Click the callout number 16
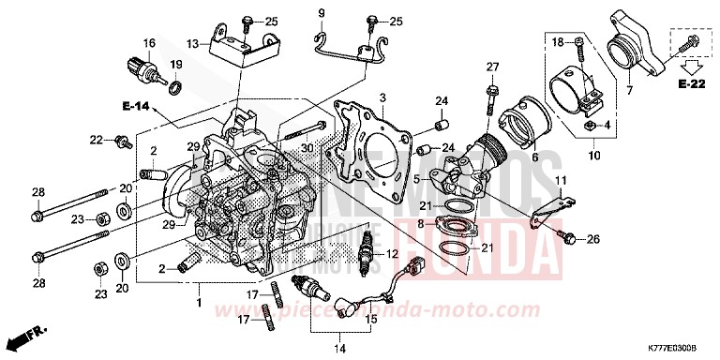tap(148, 43)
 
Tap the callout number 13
tap(191, 43)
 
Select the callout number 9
tap(322, 12)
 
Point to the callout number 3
tap(382, 97)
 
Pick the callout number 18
tap(555, 41)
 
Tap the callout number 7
tap(629, 90)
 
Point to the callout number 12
tap(392, 254)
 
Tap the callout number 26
tap(592, 240)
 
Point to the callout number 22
tap(96, 140)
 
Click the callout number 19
tap(174, 64)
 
